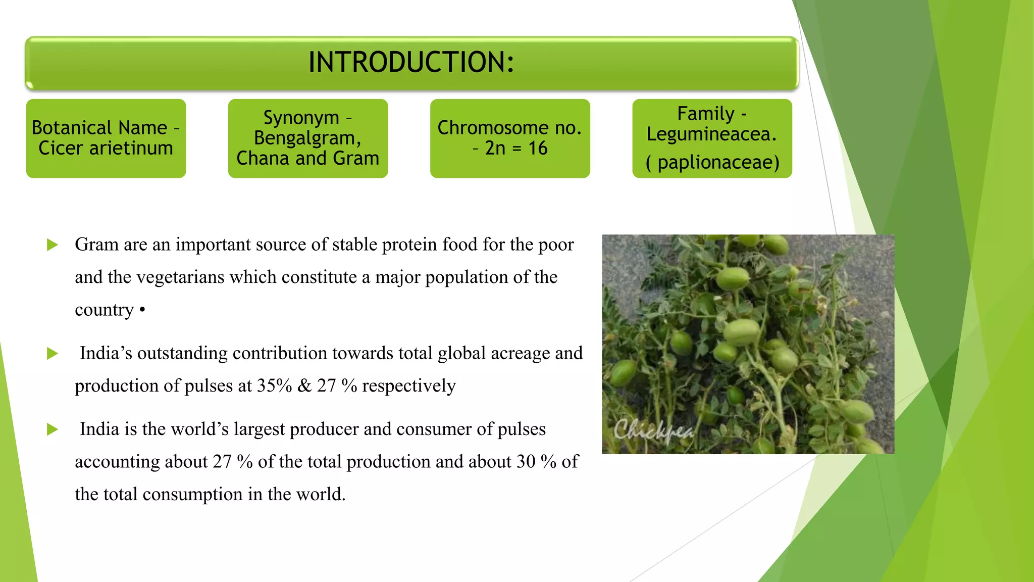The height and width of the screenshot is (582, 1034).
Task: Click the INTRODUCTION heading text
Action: pyautogui.click(x=411, y=63)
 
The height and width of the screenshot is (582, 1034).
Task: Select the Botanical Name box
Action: pyautogui.click(x=106, y=138)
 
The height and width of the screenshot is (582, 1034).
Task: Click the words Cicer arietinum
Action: pyautogui.click(x=106, y=149)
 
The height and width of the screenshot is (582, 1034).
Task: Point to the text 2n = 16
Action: pyautogui.click(x=516, y=149)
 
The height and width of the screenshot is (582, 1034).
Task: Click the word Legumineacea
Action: pyautogui.click(x=711, y=134)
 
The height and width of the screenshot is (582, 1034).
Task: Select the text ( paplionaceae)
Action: pyautogui.click(x=712, y=163)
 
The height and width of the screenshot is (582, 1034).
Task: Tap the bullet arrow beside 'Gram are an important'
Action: pyautogui.click(x=52, y=245)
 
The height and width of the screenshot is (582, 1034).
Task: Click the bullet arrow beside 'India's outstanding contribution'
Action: pyautogui.click(x=52, y=354)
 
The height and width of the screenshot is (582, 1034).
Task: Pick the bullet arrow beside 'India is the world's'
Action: pyautogui.click(x=52, y=430)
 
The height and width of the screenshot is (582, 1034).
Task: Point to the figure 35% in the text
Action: pyautogui.click(x=274, y=386)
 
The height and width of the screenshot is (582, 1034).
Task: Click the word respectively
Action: pyautogui.click(x=408, y=386)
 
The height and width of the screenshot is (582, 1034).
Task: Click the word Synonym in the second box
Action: pyautogui.click(x=301, y=118)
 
